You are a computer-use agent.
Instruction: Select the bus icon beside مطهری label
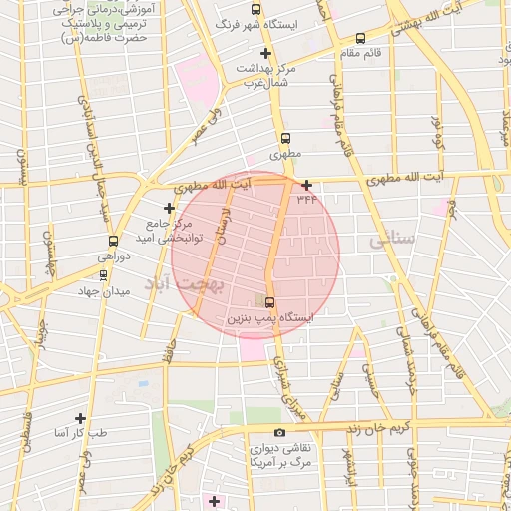pos(286,139)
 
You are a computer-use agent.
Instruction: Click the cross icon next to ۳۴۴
pos(306,185)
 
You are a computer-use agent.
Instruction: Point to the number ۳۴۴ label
pos(306,199)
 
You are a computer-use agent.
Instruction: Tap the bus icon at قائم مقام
pos(360,38)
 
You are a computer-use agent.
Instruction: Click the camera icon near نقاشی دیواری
pos(279,433)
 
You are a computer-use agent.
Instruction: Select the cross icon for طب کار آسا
pos(81,419)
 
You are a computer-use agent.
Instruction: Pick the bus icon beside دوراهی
pos(112,241)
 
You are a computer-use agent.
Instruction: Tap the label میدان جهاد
pos(104,291)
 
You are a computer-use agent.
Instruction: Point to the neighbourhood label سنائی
pos(391,241)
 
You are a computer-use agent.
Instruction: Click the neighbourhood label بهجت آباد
pos(191,285)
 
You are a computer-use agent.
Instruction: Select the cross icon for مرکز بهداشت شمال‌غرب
pos(265,53)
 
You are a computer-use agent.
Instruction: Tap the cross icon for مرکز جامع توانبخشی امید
pos(170,208)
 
